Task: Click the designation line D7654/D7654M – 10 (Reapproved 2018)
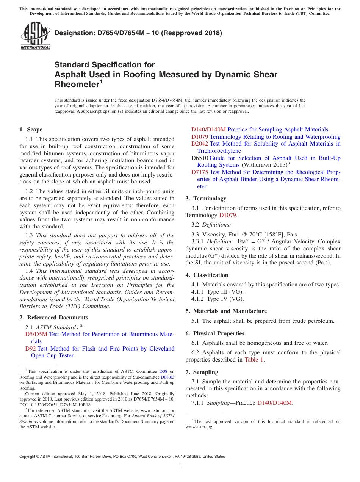pos(138,33)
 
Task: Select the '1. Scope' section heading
pos(31,130)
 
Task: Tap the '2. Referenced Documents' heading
pos(53,318)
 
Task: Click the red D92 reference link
pos(30,349)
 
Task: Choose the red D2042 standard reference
pos(200,144)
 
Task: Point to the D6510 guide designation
pos(200,158)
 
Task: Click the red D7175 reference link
pos(200,172)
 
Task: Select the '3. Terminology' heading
pos(206,199)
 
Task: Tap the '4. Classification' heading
pos(207,275)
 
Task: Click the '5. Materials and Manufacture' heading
pos(226,311)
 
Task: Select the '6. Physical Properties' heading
pos(215,333)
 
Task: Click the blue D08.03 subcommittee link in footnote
pos(167,377)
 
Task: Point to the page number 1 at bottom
pos(180,466)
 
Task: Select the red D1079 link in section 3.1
pos(228,215)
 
